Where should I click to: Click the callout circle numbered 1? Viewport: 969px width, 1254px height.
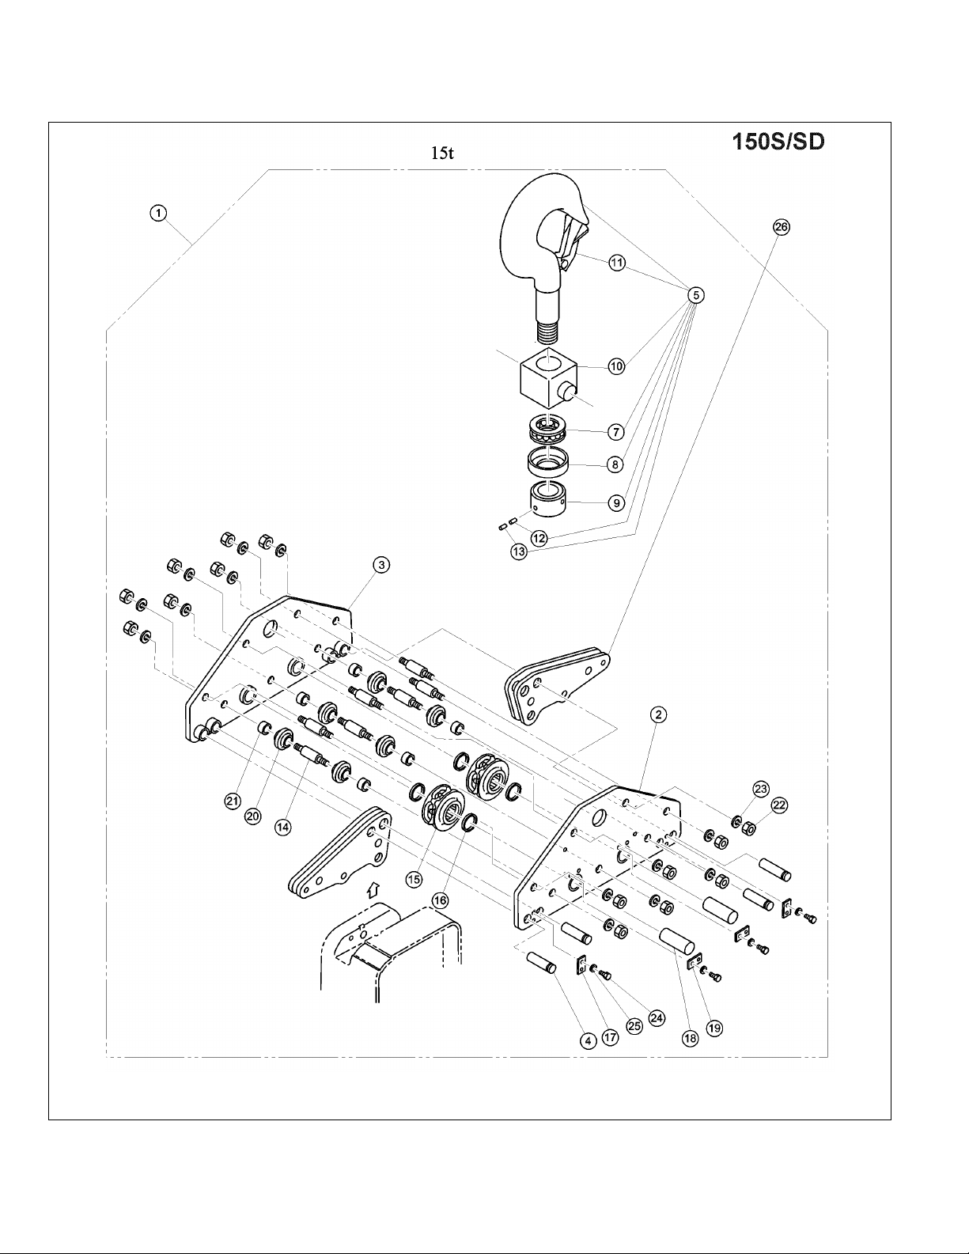click(159, 212)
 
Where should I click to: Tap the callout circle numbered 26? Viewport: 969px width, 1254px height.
click(781, 227)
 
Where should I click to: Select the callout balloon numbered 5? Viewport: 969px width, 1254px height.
click(695, 295)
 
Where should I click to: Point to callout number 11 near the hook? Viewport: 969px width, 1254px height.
click(617, 263)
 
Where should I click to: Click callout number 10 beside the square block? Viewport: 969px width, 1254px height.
click(617, 366)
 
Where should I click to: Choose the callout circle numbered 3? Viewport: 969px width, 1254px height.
click(381, 564)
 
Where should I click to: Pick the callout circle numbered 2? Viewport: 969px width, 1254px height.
click(658, 715)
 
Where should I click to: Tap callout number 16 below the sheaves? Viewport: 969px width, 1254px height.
click(440, 900)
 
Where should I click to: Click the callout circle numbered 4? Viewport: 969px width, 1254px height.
click(588, 1040)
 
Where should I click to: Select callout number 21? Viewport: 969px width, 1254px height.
click(232, 801)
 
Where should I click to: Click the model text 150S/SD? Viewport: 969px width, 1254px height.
click(777, 142)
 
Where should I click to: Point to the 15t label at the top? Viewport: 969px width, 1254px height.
click(441, 153)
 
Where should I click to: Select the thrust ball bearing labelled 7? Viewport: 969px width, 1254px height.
click(550, 430)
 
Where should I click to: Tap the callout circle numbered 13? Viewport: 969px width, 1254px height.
click(518, 551)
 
